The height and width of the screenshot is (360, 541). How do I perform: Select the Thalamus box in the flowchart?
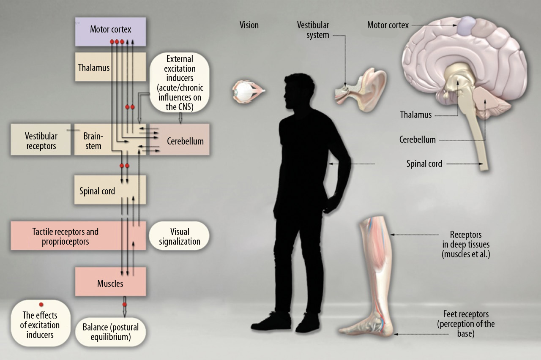[94, 68]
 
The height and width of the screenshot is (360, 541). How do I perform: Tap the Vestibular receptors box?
[41, 141]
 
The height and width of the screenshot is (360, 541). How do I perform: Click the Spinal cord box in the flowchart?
[97, 191]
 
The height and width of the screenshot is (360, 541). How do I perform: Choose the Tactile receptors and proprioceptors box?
[66, 237]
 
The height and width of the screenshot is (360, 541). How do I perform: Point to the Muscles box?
[110, 283]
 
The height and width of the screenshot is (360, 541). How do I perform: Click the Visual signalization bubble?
[179, 237]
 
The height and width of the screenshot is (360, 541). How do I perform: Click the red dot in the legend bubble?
[41, 305]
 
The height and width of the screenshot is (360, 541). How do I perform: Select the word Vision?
[249, 25]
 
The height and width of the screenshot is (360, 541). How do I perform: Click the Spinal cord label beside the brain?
[424, 164]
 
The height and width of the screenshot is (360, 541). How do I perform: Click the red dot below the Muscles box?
[125, 304]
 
